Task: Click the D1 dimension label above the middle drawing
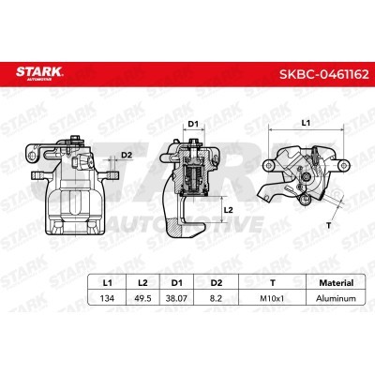193,123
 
